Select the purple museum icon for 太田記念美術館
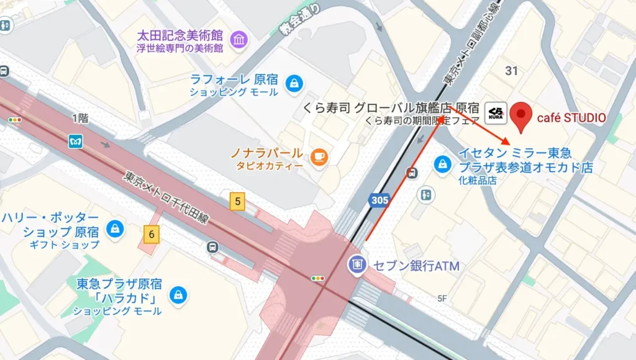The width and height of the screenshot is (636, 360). [238, 40]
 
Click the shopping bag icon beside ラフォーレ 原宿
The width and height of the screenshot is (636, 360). [294, 81]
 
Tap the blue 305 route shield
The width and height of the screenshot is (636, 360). [379, 200]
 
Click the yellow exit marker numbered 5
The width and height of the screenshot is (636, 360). [237, 201]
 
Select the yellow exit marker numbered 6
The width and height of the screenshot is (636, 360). [152, 234]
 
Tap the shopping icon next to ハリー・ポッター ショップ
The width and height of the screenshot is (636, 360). [114, 228]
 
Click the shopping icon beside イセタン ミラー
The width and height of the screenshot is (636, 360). [442, 165]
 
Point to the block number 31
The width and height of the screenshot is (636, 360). [511, 71]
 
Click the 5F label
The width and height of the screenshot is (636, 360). [442, 299]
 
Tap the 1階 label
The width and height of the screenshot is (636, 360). [80, 118]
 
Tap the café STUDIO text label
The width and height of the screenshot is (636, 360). [571, 117]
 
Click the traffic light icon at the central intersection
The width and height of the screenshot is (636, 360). [318, 278]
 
